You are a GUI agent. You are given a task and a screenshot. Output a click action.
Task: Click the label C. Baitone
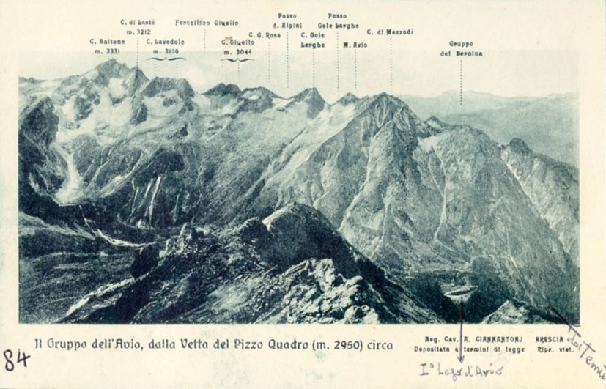[x=107, y=42]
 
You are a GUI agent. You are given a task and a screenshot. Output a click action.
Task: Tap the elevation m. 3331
[x=107, y=51]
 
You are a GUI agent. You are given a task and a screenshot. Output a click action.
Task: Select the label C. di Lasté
[x=137, y=23]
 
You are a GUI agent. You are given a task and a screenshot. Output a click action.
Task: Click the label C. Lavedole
[x=165, y=42]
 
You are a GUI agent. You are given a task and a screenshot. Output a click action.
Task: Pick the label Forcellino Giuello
[x=207, y=23]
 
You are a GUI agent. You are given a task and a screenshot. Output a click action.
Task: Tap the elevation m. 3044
[x=237, y=52]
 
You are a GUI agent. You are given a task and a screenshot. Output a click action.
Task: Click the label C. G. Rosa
[x=265, y=34]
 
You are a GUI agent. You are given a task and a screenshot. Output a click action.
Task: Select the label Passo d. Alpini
[x=287, y=21]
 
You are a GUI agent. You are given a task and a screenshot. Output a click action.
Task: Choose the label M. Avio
[x=355, y=45]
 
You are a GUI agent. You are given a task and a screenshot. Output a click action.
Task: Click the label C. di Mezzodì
[x=390, y=32]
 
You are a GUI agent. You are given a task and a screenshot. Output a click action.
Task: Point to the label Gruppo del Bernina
[x=461, y=48]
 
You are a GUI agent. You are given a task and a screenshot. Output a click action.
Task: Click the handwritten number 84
[x=15, y=359]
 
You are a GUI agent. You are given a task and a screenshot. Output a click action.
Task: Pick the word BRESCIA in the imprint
[x=549, y=339]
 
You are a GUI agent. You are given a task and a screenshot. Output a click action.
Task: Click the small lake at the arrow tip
[x=460, y=292]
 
